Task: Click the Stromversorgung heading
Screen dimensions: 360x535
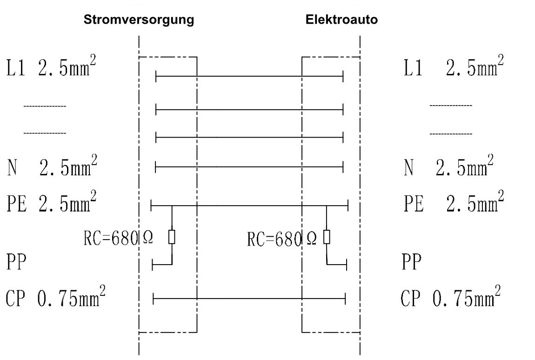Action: (139, 20)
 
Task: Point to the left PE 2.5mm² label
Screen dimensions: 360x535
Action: (52, 203)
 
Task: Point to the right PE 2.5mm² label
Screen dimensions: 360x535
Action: (454, 203)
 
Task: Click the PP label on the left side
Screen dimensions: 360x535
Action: (16, 262)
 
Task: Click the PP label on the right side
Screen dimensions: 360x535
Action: (412, 262)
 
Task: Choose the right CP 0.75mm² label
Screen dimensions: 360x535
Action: (451, 298)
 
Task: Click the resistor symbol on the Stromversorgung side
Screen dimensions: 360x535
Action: (172, 237)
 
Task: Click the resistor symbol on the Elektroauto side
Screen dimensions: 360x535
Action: (327, 237)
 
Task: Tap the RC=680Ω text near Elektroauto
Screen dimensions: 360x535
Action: (282, 239)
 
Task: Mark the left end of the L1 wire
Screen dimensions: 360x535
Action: (156, 75)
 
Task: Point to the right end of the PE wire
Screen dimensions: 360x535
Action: (348, 205)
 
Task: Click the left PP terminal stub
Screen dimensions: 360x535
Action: (154, 265)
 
